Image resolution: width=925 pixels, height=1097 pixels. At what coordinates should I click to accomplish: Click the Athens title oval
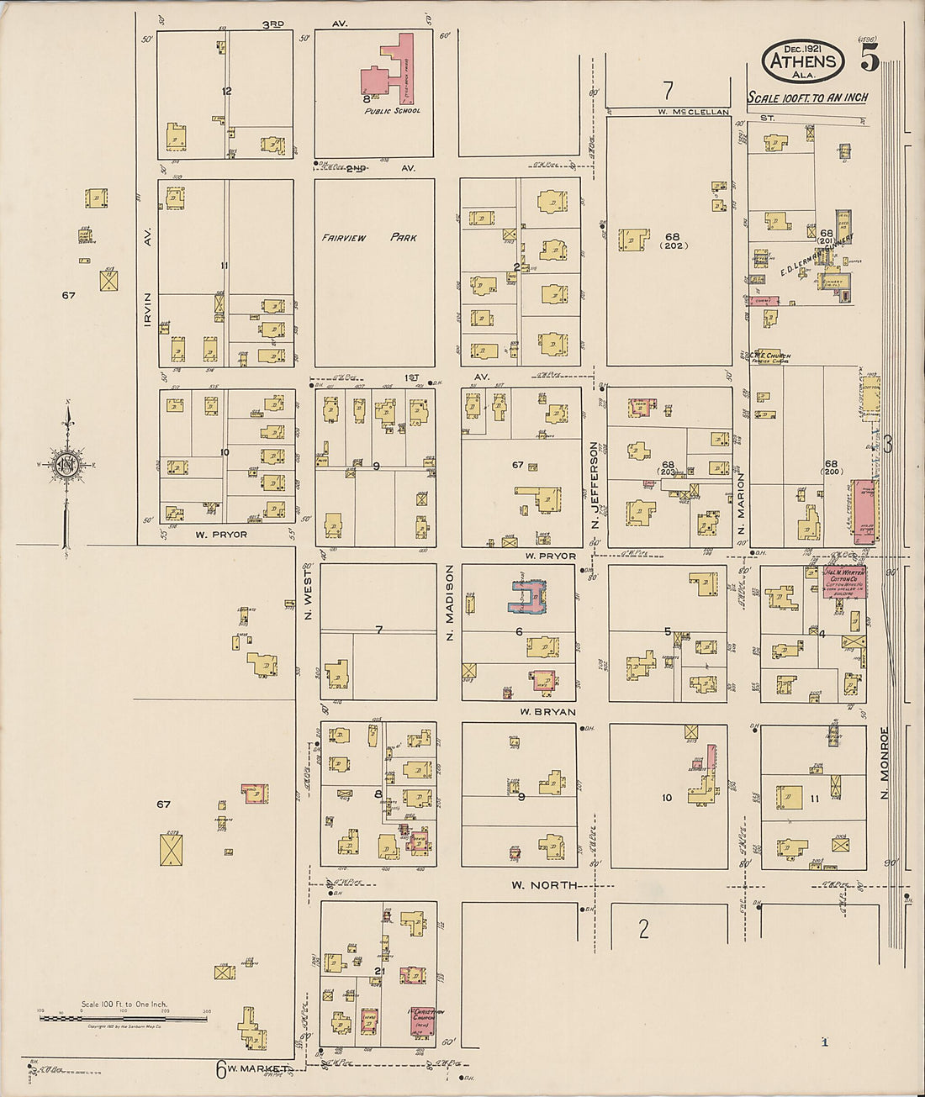pyautogui.click(x=803, y=61)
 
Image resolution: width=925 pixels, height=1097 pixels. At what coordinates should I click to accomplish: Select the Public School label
pyautogui.click(x=393, y=111)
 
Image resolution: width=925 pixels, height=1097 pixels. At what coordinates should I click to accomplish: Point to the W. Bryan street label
pyautogui.click(x=547, y=712)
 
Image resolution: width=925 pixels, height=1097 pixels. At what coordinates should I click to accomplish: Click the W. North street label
pyautogui.click(x=543, y=885)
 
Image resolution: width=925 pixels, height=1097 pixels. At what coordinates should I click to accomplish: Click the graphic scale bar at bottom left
pyautogui.click(x=124, y=1017)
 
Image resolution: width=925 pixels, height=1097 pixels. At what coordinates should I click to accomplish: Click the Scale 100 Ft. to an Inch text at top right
pyautogui.click(x=807, y=98)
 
